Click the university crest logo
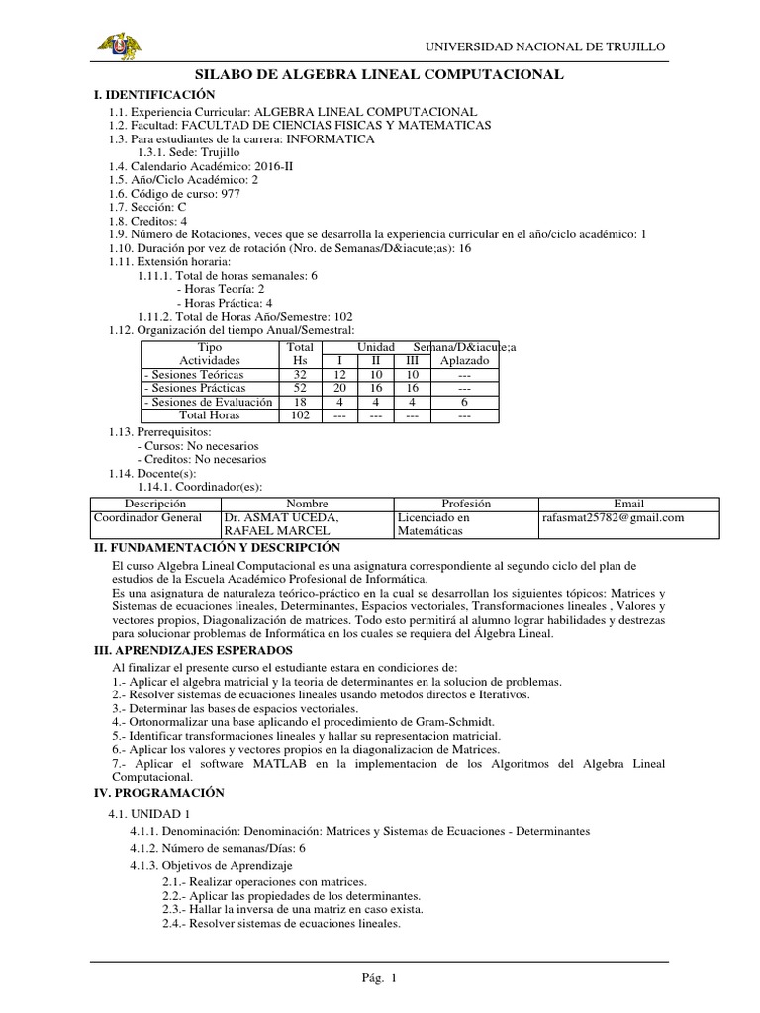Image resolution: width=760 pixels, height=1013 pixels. pos(118,46)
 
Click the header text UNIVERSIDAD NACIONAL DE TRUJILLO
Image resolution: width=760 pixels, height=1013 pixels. pos(545,46)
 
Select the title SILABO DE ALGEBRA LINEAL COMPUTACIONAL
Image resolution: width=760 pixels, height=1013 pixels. pos(380,74)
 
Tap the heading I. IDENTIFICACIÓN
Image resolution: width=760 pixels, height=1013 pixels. pos(153,93)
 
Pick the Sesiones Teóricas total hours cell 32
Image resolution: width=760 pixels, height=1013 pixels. pos(299,375)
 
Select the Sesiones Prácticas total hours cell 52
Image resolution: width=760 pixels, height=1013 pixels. pos(299,389)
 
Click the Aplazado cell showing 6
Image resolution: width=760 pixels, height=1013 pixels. pos(463,403)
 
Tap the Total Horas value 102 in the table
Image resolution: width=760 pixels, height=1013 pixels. pos(299,416)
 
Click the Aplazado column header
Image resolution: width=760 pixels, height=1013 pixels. pos(463,361)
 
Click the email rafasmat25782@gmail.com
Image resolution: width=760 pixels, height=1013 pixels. pos(614,517)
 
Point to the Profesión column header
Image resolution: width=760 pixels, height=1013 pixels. pos(466,504)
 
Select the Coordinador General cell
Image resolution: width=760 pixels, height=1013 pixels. pos(147,517)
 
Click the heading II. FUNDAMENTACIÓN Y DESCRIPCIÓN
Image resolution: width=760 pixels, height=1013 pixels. pos(217,547)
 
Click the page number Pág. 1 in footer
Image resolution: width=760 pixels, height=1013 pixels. pos(379,978)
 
